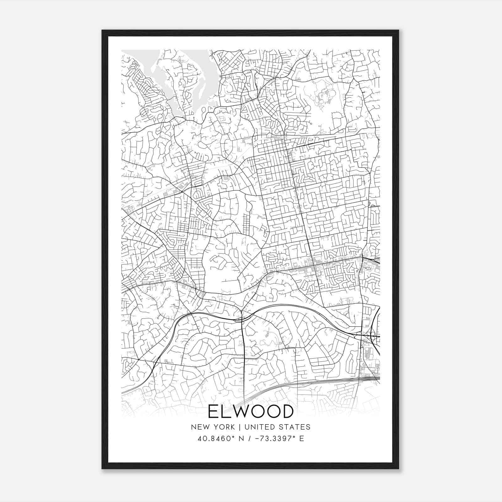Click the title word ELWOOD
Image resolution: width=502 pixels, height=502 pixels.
click(x=250, y=411)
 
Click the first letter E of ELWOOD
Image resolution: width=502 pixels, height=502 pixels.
click(x=213, y=411)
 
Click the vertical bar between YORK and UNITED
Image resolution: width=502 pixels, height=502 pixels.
click(x=239, y=427)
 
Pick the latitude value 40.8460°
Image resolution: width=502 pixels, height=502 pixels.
click(x=217, y=439)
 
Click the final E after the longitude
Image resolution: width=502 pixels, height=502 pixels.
click(x=302, y=439)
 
